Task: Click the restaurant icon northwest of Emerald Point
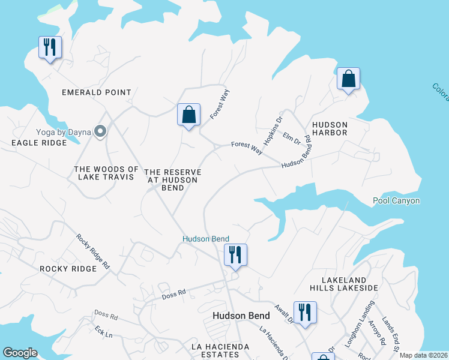pyautogui.click(x=49, y=47)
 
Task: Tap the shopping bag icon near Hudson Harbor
pyautogui.click(x=348, y=79)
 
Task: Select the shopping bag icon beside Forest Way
pyautogui.click(x=188, y=114)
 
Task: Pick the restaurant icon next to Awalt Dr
pyautogui.click(x=305, y=312)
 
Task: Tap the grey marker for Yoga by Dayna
pyautogui.click(x=100, y=131)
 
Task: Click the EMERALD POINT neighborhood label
pyautogui.click(x=97, y=92)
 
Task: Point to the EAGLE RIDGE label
pyautogui.click(x=37, y=143)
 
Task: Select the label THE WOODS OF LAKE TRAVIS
pyautogui.click(x=107, y=173)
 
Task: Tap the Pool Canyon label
pyautogui.click(x=396, y=201)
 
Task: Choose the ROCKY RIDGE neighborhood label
pyautogui.click(x=68, y=269)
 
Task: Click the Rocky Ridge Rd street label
pyautogui.click(x=93, y=251)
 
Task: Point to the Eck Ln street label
pyautogui.click(x=104, y=332)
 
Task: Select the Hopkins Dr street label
pyautogui.click(x=273, y=129)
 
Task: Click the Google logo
pyautogui.click(x=20, y=353)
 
